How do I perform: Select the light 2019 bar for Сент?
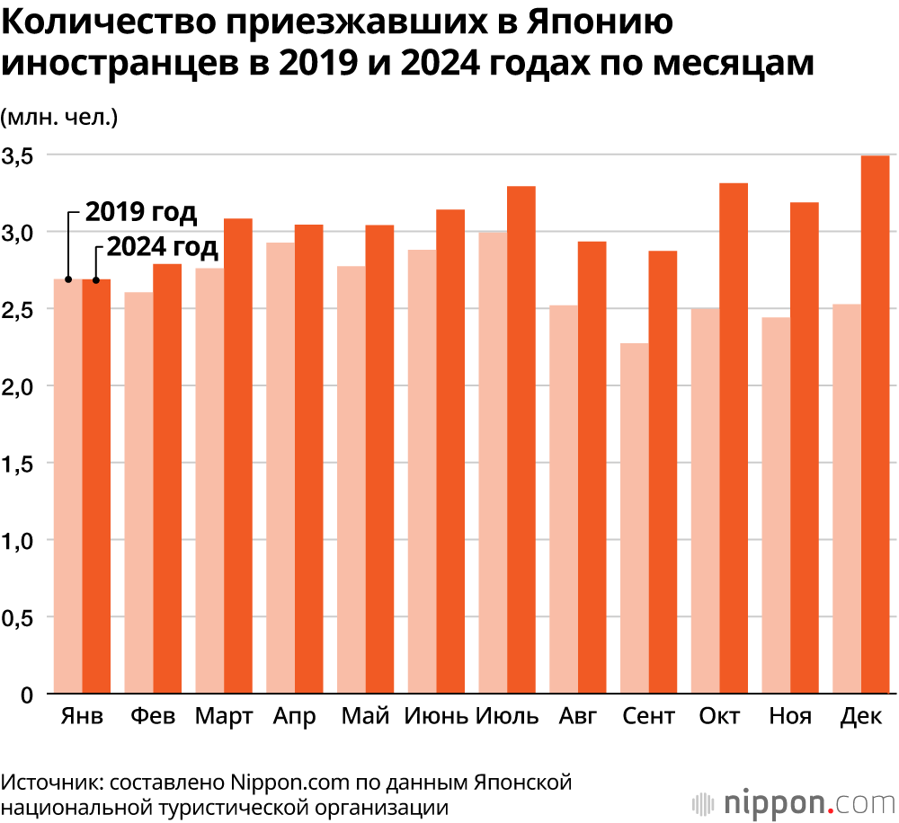click(635, 518)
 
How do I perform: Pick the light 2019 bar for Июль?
click(493, 463)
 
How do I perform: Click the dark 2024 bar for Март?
click(238, 456)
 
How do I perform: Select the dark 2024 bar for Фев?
click(167, 479)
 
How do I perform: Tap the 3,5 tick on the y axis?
click(19, 155)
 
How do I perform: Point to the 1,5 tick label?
click(19, 464)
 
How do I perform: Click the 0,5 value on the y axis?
click(19, 618)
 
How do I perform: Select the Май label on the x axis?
click(366, 717)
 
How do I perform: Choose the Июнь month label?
click(436, 717)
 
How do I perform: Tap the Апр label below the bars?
click(295, 717)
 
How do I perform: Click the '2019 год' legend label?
click(140, 213)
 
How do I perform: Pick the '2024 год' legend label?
click(163, 245)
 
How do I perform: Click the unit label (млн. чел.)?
click(59, 116)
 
